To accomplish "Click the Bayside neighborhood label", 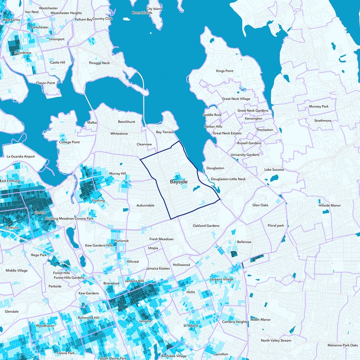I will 179,182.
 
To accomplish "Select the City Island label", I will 154,9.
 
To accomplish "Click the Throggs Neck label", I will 99,63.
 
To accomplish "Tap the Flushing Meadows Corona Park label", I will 69,218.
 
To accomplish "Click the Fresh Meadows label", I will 161,239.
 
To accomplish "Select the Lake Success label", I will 274,170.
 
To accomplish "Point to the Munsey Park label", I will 319,106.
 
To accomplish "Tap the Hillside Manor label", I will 329,205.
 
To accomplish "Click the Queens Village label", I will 221,279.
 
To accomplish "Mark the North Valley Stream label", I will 276,341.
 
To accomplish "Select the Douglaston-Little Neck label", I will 228,179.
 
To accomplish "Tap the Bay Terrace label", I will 165,132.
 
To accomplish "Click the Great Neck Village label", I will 236,99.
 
